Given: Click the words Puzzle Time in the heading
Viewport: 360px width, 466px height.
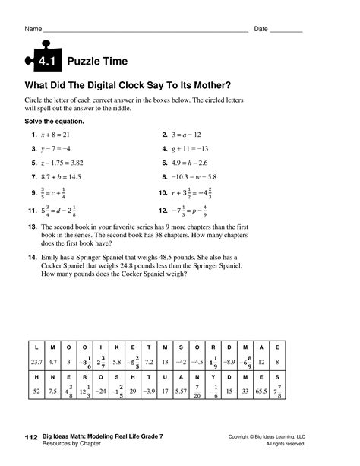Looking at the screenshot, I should [97, 61].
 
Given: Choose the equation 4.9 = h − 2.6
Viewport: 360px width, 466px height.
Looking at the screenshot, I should [190, 163].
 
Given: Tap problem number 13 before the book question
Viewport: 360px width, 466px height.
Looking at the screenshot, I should [33, 227].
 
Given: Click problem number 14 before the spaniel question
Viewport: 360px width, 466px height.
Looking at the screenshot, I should [33, 258].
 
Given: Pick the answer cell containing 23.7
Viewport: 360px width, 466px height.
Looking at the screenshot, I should [35, 362].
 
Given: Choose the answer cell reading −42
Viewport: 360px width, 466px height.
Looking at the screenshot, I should [182, 362].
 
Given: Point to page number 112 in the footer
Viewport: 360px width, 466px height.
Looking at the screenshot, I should [30, 439].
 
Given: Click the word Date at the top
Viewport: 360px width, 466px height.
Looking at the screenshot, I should [261, 29].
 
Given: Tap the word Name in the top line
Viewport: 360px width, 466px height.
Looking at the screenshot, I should [33, 29].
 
